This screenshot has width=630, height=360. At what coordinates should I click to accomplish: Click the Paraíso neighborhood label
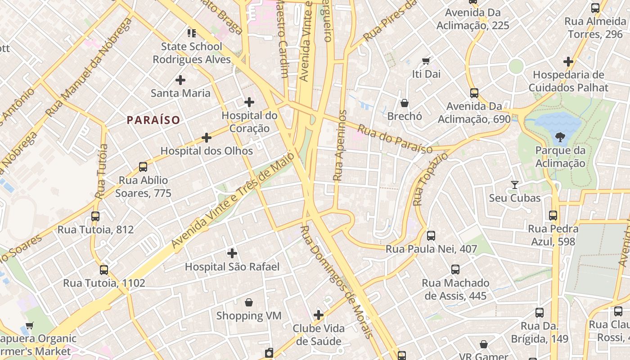point(153,120)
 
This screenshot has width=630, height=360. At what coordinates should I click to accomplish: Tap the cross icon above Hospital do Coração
point(249,102)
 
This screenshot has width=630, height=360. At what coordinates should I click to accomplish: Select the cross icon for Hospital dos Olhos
point(207,138)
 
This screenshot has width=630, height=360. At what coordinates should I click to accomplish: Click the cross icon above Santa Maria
point(180,80)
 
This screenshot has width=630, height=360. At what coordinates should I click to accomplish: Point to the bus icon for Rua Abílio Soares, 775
point(143,167)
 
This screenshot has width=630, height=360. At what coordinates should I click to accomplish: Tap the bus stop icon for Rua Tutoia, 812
point(95,216)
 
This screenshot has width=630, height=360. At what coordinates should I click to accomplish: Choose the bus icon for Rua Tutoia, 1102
point(104,270)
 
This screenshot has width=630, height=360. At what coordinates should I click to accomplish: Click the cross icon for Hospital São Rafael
point(232,253)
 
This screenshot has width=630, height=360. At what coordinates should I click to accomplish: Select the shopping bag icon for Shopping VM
point(248,302)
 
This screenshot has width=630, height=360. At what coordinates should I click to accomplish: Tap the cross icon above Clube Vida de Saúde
point(319,315)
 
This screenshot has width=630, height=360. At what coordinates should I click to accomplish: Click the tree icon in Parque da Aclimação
point(560,137)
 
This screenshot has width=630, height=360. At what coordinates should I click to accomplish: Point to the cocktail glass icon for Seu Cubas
point(515,184)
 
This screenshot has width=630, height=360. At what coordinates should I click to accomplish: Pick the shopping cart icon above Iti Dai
point(426,61)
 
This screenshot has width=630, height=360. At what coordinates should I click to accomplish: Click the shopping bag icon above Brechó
point(405,103)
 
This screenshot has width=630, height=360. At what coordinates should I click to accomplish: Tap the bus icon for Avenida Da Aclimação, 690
point(474,93)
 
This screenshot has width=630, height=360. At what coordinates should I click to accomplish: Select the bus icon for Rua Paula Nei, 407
point(431,235)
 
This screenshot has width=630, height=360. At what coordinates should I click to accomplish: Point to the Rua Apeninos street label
point(340,145)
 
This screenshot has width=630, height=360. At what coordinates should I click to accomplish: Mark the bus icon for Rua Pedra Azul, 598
point(553,216)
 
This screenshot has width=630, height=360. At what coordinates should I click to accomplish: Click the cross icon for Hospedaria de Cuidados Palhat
point(568,62)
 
